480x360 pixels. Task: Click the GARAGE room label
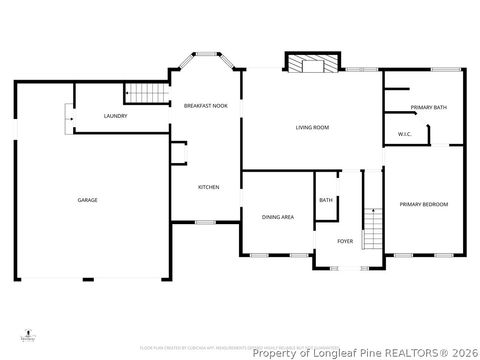tap(88, 200)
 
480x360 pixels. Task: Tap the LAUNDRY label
tap(116, 117)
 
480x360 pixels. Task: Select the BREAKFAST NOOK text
tap(205, 105)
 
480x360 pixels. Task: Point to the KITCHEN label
tap(209, 187)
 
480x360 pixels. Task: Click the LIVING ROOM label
tap(312, 128)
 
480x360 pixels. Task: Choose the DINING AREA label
tap(277, 217)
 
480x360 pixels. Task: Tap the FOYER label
tap(345, 241)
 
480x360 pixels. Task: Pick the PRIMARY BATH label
tap(427, 107)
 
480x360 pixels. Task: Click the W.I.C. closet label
tap(405, 134)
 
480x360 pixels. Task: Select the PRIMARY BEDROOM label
tap(424, 204)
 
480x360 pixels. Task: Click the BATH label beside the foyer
tap(326, 200)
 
